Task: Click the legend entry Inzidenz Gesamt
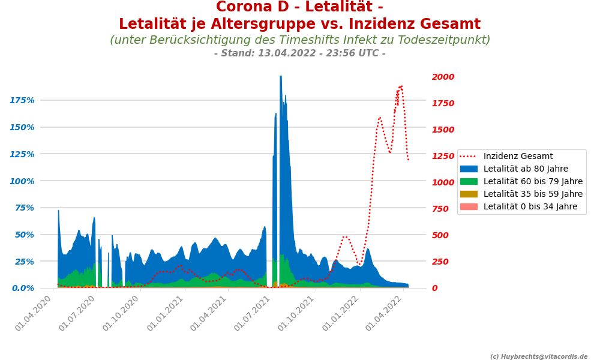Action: click(518, 157)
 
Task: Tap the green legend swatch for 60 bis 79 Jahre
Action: click(469, 182)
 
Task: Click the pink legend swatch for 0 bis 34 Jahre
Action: click(469, 207)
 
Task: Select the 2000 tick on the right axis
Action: click(443, 77)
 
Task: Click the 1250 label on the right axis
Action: click(443, 157)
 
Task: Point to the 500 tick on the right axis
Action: click(441, 235)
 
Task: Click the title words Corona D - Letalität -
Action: click(299, 7)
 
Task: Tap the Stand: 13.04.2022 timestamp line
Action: click(299, 53)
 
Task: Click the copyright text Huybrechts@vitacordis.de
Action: click(539, 357)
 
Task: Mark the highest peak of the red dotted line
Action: click(401, 86)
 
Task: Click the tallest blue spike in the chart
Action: click(281, 77)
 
